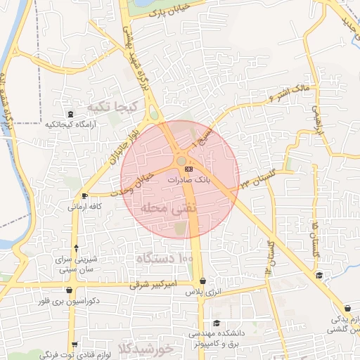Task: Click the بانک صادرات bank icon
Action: pos(188,169)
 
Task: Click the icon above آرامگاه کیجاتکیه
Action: pos(69,114)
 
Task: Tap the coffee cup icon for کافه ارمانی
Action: pos(85,195)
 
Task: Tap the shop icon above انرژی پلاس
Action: pos(202,281)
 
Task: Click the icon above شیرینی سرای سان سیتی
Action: pos(76,248)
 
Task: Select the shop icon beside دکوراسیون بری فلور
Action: pos(69,289)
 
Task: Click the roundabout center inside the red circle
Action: pos(181,161)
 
